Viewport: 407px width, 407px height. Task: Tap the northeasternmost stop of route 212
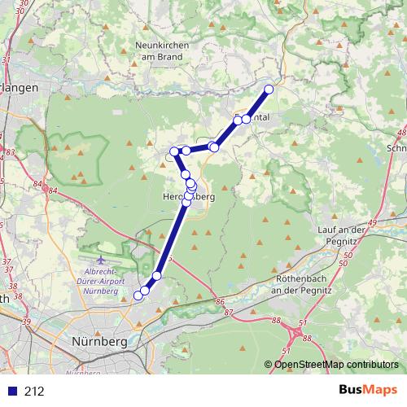click(x=269, y=89)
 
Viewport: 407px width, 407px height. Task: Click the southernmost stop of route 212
click(x=138, y=297)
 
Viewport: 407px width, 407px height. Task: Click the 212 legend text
click(x=34, y=392)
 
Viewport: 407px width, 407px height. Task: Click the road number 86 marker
click(x=219, y=302)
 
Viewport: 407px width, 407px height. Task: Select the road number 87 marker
click(x=229, y=312)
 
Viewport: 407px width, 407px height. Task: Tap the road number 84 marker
click(x=53, y=190)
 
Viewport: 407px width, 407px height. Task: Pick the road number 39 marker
click(x=26, y=323)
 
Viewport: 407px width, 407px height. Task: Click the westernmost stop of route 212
click(x=173, y=151)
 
